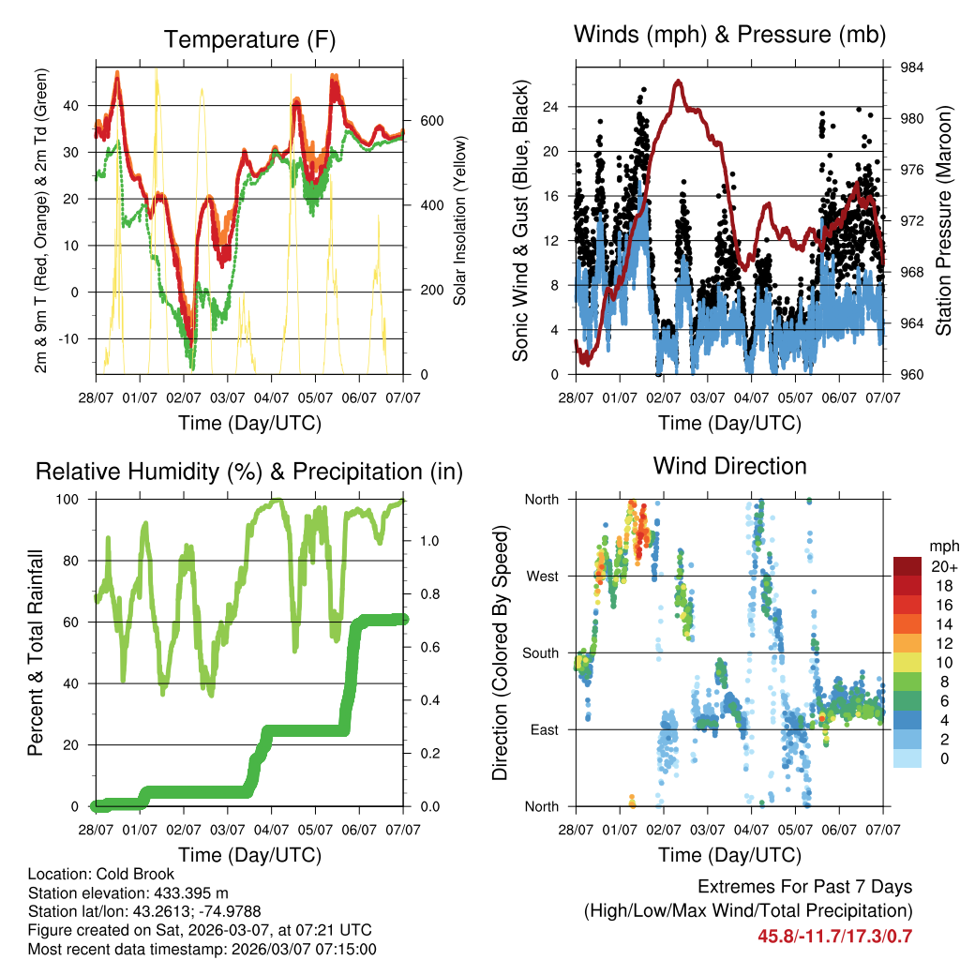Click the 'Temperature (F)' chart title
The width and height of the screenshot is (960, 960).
(249, 39)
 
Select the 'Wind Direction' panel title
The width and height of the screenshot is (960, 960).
(729, 466)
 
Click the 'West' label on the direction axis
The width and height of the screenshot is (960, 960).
(541, 577)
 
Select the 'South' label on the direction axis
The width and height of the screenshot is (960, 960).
(539, 653)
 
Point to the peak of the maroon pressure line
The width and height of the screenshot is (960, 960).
(677, 82)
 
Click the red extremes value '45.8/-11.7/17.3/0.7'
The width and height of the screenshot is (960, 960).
(834, 936)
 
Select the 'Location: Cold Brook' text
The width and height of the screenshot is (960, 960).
(101, 874)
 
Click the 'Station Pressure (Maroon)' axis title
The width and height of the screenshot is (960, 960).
(944, 220)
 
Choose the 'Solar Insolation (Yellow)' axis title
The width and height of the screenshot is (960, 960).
(460, 220)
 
